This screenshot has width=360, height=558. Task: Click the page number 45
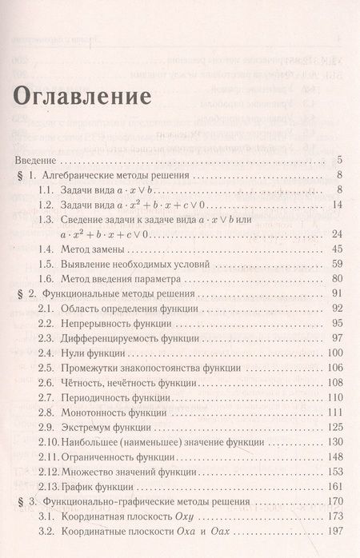[x=336, y=249]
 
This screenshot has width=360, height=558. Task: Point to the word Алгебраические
[x=86, y=174]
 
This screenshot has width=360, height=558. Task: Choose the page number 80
[x=336, y=279]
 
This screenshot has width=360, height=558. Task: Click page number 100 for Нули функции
[x=334, y=353]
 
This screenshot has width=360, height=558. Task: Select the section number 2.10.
[x=50, y=442]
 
